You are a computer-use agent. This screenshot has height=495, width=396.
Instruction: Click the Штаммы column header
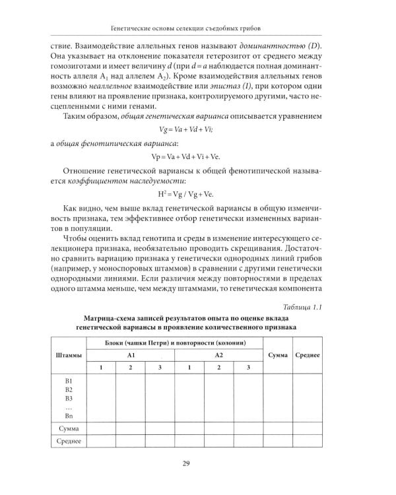click(68, 356)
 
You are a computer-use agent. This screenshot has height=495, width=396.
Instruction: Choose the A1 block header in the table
click(131, 355)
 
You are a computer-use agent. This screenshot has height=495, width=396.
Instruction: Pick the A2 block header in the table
click(218, 355)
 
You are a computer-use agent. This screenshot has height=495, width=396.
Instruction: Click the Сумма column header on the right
click(278, 356)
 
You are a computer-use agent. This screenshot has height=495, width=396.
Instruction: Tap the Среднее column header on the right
click(307, 356)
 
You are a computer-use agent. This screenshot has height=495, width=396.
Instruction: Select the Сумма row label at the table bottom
click(69, 428)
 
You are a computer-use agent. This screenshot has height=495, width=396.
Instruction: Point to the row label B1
click(69, 382)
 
